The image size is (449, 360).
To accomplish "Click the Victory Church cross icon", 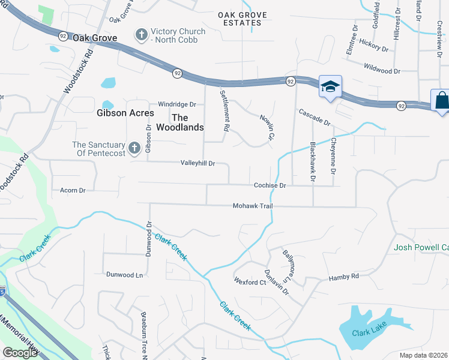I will (x=142, y=35).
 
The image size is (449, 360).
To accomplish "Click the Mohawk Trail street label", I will (x=253, y=206).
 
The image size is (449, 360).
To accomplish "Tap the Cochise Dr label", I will (x=269, y=186).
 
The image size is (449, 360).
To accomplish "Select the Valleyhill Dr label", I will (x=197, y=163).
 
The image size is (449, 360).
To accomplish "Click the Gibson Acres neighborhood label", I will (x=125, y=113).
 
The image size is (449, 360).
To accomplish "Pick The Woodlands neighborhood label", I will (x=179, y=122).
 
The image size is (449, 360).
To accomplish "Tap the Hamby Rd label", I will (x=343, y=277).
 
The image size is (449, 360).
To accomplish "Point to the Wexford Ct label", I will (x=250, y=282).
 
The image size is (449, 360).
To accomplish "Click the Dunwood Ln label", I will (x=124, y=275).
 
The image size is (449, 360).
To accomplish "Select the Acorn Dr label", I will (x=73, y=190).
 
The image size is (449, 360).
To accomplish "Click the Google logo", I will (x=20, y=353).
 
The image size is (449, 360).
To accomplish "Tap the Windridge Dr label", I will (x=177, y=104).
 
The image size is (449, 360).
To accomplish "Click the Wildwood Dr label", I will (x=381, y=71).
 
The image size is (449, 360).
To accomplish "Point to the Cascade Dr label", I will (x=315, y=116).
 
